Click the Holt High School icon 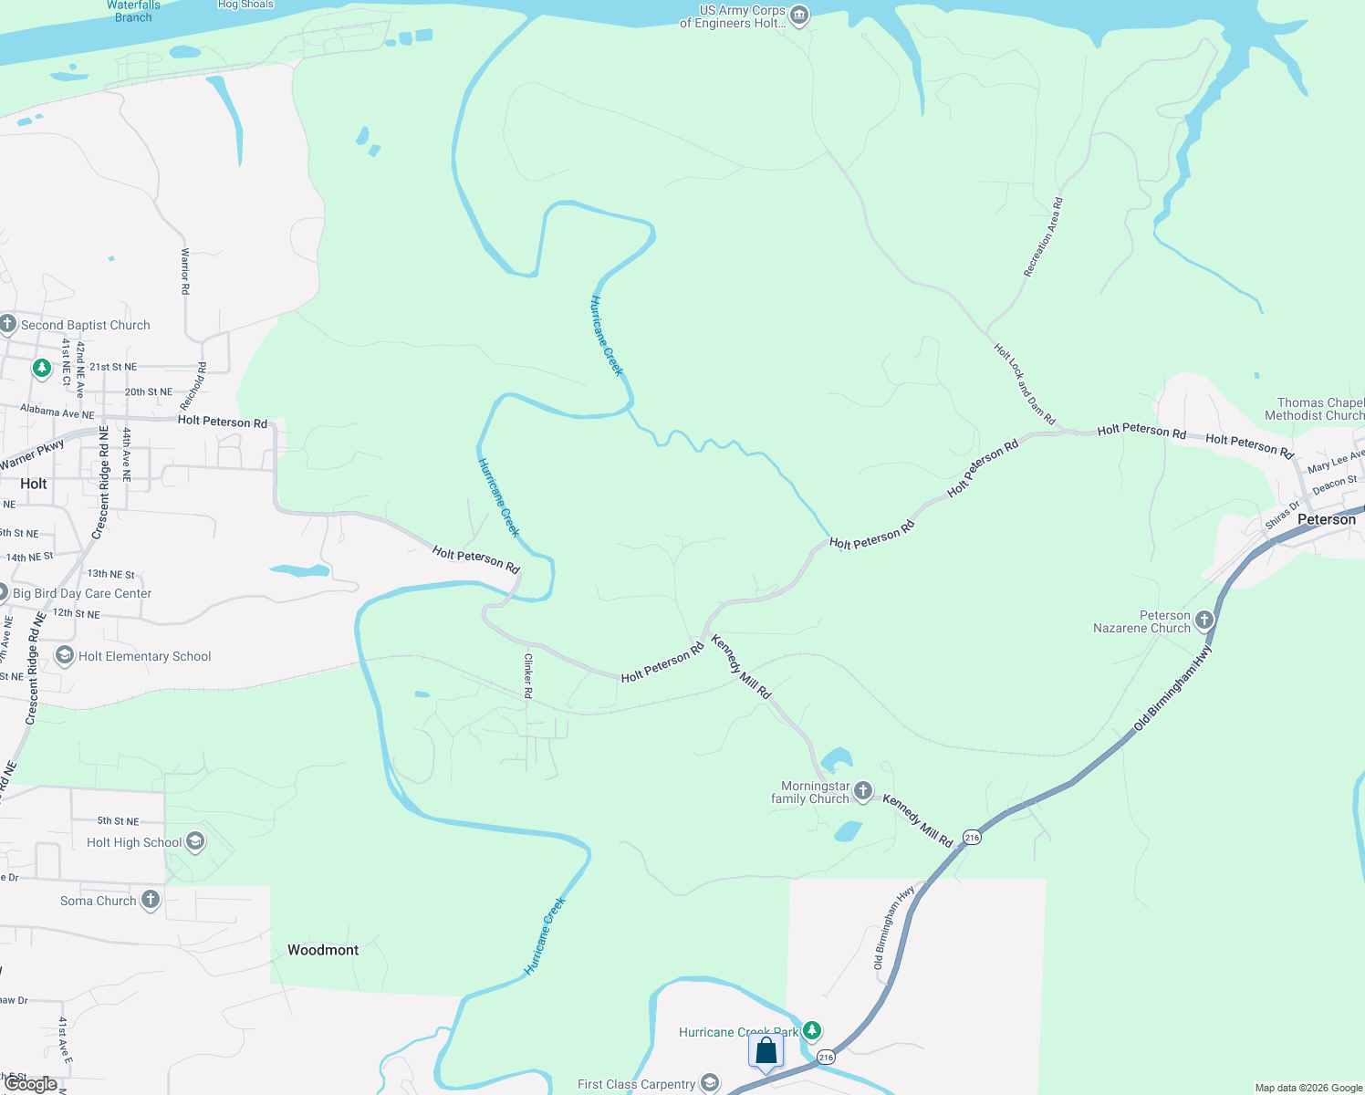[x=194, y=841]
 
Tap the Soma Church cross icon [x=150, y=900]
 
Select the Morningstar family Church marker [x=862, y=791]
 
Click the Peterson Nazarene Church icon [x=1204, y=620]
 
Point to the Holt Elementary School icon [x=65, y=655]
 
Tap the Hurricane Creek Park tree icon [x=811, y=1031]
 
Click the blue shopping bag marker [x=766, y=1050]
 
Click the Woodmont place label [x=323, y=950]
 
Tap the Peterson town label [x=1326, y=519]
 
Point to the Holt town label [x=34, y=484]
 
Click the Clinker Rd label [x=527, y=676]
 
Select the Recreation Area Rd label [x=1043, y=237]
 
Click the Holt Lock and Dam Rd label [x=1024, y=383]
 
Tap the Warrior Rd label [x=185, y=270]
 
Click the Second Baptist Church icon [x=7, y=324]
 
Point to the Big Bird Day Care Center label [x=82, y=593]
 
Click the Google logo [x=30, y=1084]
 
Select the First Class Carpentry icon [x=710, y=1083]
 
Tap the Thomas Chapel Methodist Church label [x=1319, y=409]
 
